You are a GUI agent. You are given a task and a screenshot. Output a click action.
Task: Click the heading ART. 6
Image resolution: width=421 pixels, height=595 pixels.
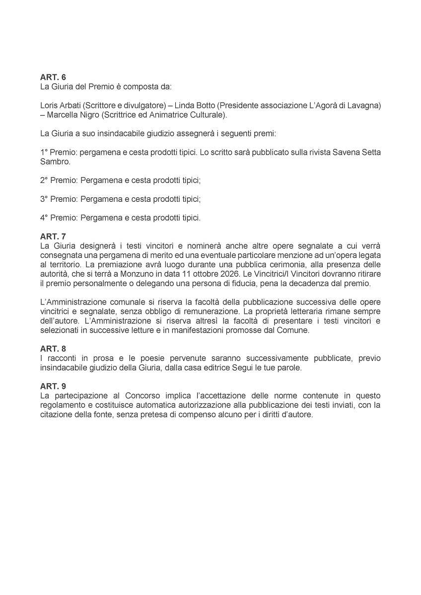53,77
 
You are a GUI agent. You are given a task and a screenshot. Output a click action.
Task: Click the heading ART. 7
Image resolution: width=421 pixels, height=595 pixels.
53,237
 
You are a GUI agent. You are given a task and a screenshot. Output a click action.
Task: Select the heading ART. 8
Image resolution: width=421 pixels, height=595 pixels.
53,349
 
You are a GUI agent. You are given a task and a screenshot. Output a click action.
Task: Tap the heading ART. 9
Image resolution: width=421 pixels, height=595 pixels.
53,386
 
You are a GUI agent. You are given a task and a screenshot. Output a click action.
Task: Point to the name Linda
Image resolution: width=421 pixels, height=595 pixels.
184,106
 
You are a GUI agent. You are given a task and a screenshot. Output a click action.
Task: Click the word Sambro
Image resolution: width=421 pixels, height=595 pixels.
55,162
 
